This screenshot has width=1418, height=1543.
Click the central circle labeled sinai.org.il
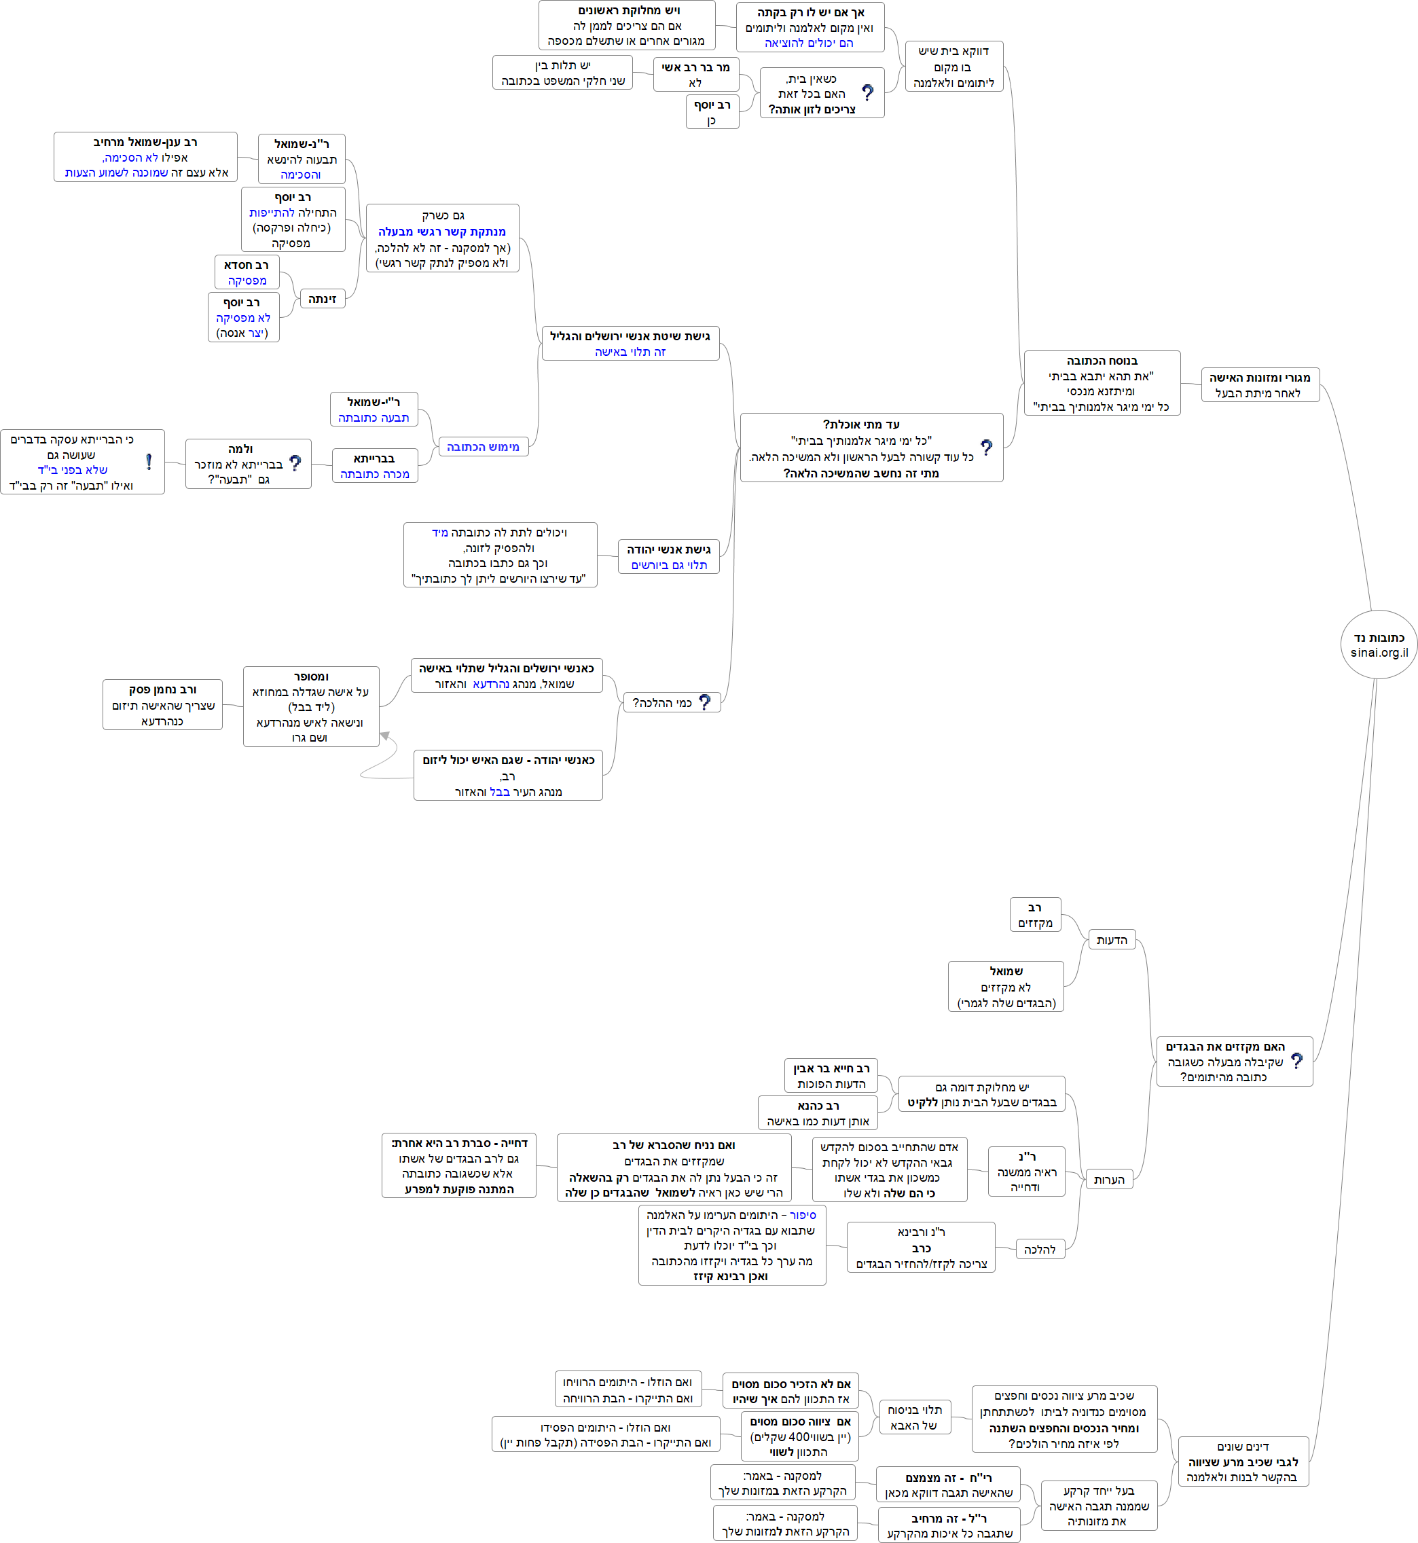click(1379, 645)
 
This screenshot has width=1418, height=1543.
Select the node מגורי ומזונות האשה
click(1259, 384)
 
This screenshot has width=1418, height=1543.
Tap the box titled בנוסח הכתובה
click(1101, 383)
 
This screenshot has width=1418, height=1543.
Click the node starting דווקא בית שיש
click(953, 67)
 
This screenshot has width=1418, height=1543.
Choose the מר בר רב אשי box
click(696, 75)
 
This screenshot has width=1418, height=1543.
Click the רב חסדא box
click(247, 272)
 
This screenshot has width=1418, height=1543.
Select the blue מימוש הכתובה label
click(483, 447)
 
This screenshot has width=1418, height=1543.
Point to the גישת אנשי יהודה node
click(668, 557)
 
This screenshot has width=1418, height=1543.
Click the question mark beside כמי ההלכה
click(704, 702)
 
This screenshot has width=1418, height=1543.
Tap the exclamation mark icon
click(149, 461)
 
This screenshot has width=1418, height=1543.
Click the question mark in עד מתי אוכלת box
click(986, 448)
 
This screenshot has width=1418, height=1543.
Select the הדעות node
click(1111, 940)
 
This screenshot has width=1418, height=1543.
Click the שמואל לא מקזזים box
click(1005, 987)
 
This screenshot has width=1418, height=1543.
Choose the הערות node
click(1109, 1179)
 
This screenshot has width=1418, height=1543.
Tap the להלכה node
click(1040, 1249)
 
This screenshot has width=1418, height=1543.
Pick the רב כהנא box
click(818, 1112)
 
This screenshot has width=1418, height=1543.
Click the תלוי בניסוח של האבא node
click(914, 1417)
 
